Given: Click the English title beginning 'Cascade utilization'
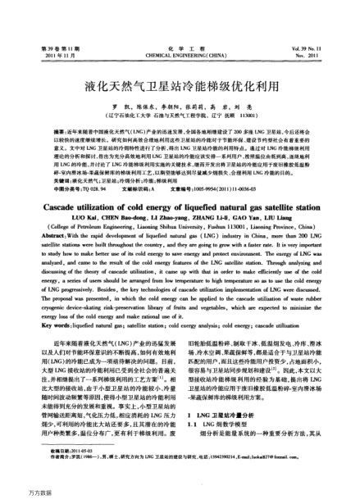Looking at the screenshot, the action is pyautogui.click(x=180, y=208).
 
